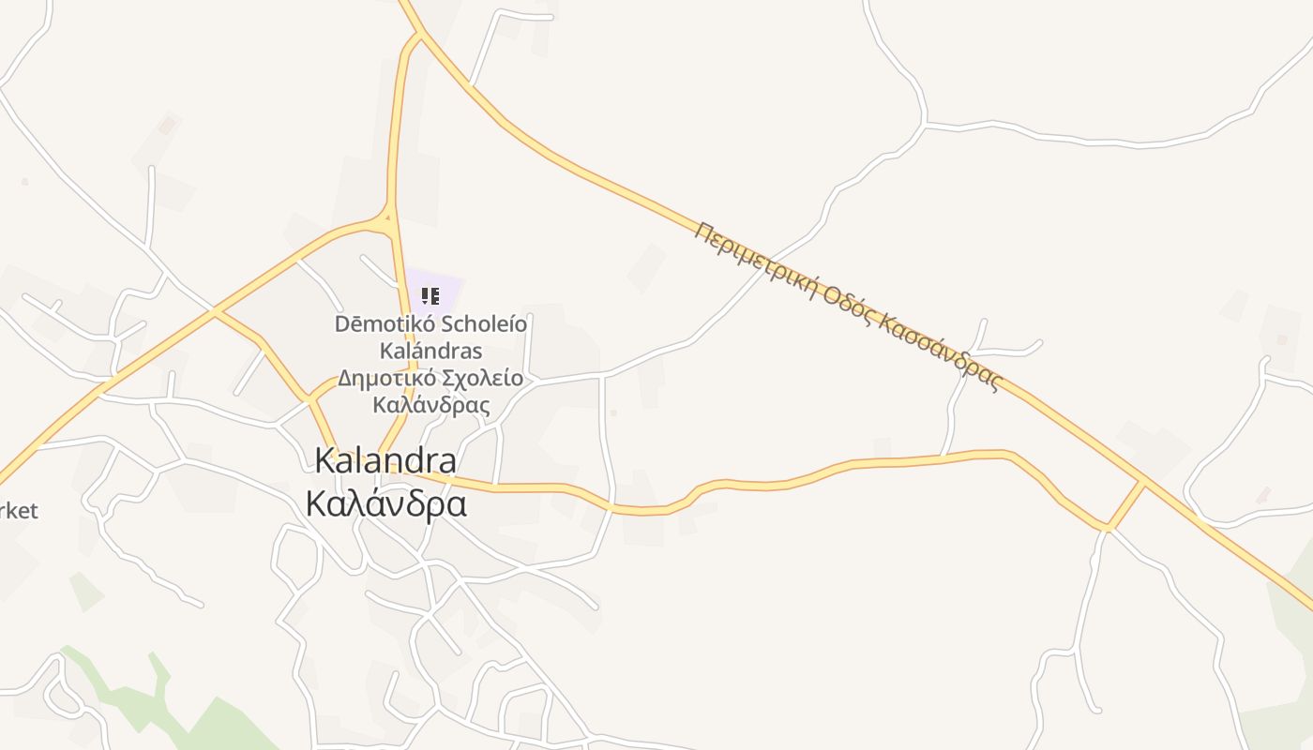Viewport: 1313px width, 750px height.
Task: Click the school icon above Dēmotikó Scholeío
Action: pos(430,297)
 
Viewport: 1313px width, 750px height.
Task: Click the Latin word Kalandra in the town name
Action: pos(385,460)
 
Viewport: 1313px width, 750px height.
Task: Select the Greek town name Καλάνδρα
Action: pos(386,503)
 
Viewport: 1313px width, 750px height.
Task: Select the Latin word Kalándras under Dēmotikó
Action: pos(430,351)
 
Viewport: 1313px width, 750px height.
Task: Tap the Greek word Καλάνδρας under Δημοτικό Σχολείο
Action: pos(431,405)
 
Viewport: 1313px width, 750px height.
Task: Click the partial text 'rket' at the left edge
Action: pos(19,511)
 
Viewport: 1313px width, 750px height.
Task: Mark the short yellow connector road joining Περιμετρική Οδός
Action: pos(1125,505)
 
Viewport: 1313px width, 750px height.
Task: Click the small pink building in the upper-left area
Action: pos(167,124)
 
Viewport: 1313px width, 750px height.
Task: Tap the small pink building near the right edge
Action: pos(1262,494)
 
